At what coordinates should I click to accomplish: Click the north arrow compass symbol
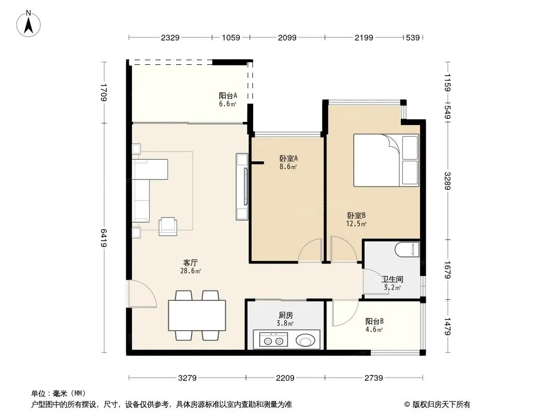[x=28, y=24]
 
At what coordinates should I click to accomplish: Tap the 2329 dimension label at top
[x=170, y=38]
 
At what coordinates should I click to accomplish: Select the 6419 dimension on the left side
[x=104, y=238]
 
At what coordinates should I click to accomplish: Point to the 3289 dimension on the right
[x=447, y=181]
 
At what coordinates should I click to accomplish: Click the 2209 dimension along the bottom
[x=285, y=378]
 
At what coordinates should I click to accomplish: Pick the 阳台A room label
[x=228, y=95]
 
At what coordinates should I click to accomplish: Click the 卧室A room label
[x=288, y=159]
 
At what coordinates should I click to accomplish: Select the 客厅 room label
[x=191, y=262]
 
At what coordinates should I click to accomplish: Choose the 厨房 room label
[x=285, y=315]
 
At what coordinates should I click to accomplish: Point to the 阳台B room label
[x=374, y=321]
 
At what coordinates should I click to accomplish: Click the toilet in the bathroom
[x=407, y=250]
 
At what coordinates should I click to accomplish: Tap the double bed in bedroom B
[x=386, y=160]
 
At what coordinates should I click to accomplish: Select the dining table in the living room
[x=197, y=315]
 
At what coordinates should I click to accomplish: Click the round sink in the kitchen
[x=305, y=341]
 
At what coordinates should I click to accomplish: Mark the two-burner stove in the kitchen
[x=273, y=340]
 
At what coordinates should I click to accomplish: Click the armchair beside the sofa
[x=168, y=226]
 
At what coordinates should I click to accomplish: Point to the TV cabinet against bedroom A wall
[x=242, y=187]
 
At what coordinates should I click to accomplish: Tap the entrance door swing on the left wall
[x=142, y=294]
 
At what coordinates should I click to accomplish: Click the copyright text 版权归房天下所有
[x=441, y=405]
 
